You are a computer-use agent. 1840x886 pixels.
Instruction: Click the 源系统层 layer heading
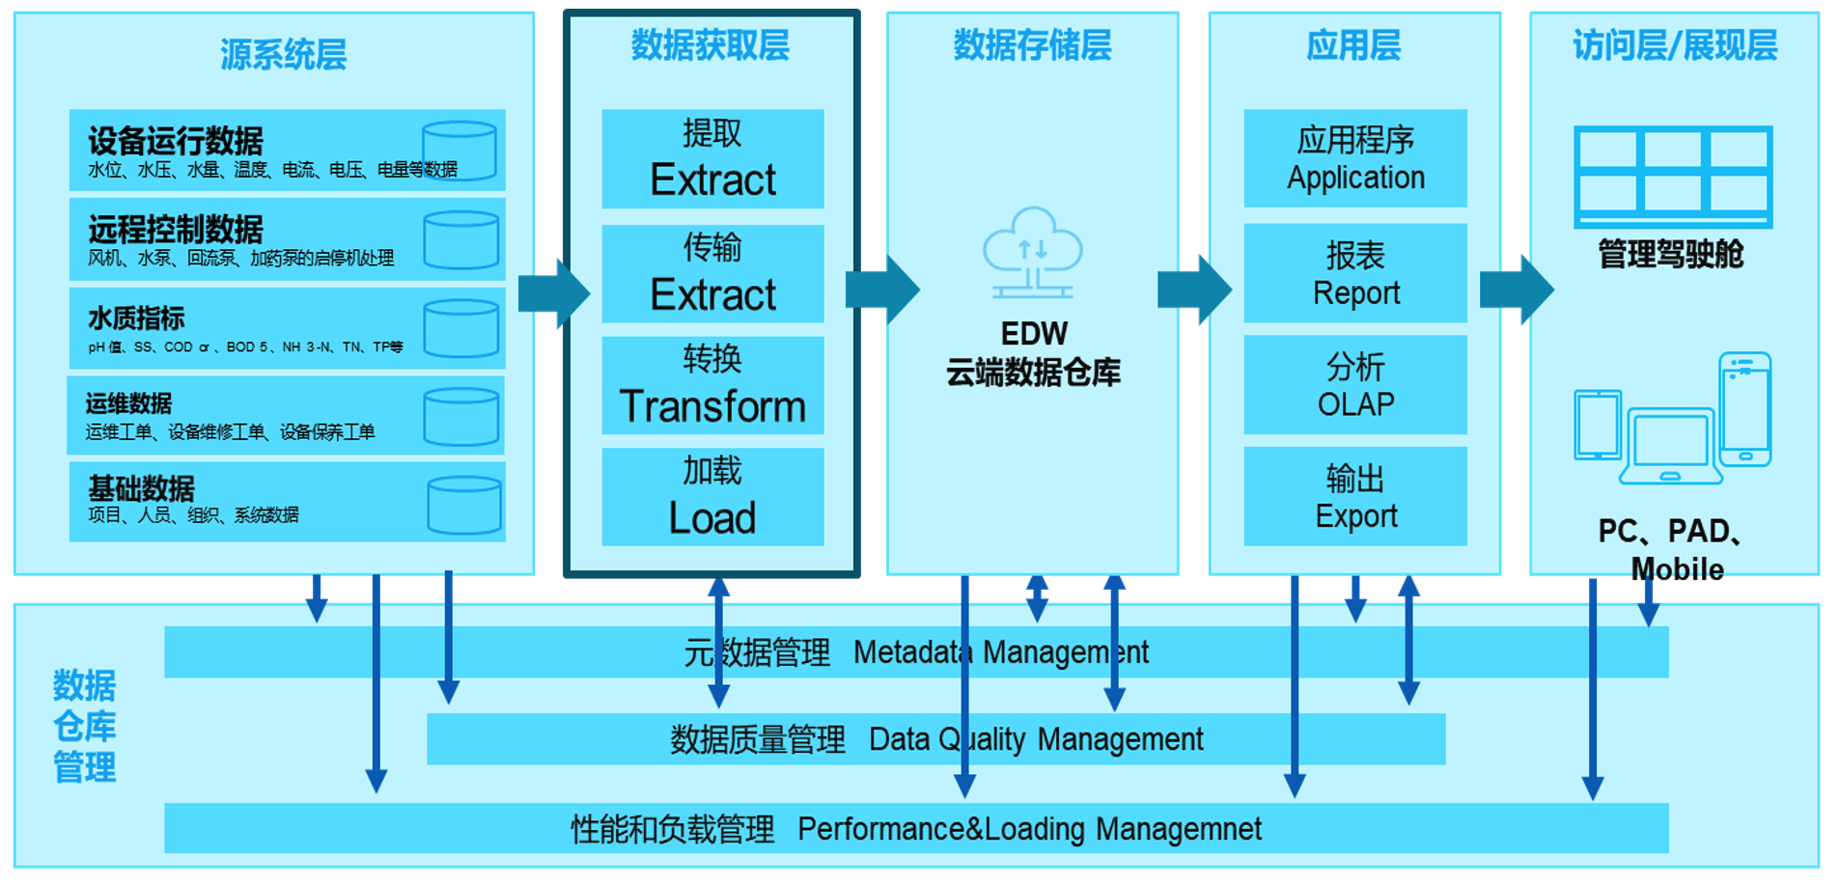(x=283, y=54)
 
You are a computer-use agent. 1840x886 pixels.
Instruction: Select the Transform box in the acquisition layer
(x=712, y=385)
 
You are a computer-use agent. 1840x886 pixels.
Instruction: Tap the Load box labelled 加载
(x=712, y=497)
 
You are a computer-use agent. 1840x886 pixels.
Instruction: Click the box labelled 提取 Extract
(x=712, y=159)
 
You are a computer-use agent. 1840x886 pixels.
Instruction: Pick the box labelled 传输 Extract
(x=712, y=274)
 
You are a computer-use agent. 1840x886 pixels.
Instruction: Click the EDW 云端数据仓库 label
(x=1033, y=353)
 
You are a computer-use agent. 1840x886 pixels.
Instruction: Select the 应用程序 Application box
(x=1355, y=158)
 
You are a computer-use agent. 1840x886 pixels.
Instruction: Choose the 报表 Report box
(x=1355, y=273)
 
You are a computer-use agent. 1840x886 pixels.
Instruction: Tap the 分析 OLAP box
(x=1355, y=384)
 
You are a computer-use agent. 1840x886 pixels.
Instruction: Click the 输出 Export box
(x=1355, y=496)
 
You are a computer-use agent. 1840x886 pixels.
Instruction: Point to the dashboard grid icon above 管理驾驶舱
(x=1673, y=177)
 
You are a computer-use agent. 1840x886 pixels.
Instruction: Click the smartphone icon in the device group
(x=1745, y=409)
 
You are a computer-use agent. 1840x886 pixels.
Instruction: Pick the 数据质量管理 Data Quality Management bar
(x=935, y=739)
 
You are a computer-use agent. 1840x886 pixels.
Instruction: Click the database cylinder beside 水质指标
(x=461, y=328)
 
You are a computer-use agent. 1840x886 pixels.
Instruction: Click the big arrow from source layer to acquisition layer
(x=553, y=292)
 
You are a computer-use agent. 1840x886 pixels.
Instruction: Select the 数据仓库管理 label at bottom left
(x=85, y=727)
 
